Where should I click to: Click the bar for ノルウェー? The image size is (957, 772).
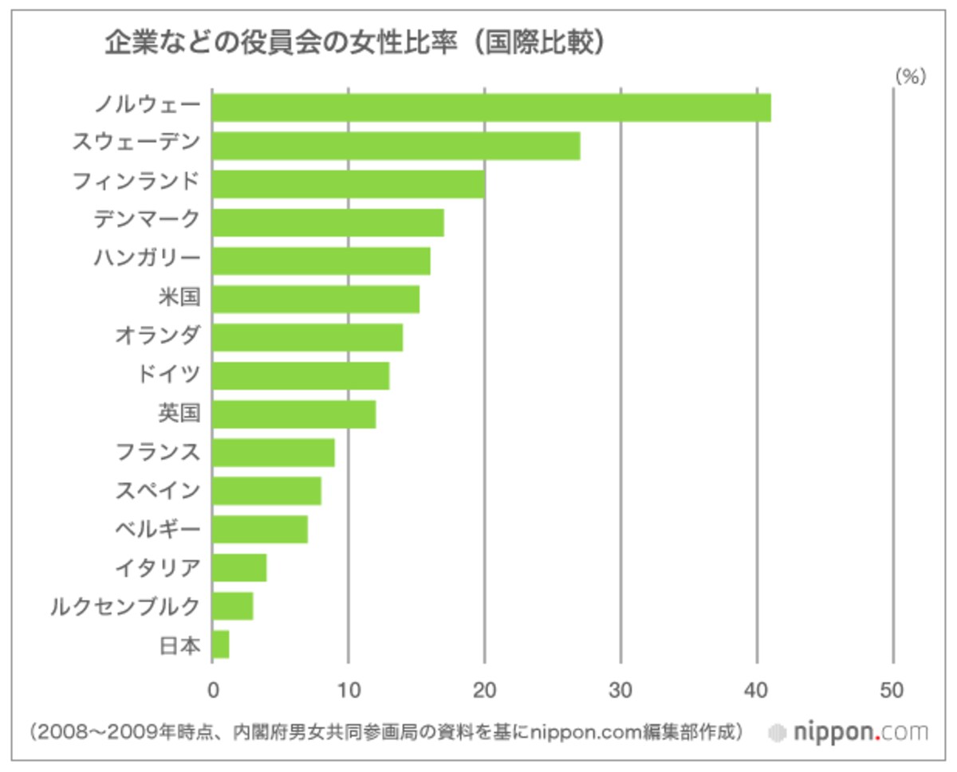point(491,108)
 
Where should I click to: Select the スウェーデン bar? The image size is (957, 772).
point(396,146)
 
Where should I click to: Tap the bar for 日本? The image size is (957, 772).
point(221,645)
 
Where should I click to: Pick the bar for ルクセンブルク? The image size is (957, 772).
point(233,606)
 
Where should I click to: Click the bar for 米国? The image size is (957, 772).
point(316,299)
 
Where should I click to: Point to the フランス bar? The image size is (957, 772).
point(274,453)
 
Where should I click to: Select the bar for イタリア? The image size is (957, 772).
point(239,568)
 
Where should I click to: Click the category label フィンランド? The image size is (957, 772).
point(136,182)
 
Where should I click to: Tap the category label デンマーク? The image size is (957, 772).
point(147,219)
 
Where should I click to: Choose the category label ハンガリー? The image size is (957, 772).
point(147,258)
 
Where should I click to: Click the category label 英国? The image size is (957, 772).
point(179,413)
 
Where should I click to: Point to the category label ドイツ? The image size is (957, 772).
point(168,374)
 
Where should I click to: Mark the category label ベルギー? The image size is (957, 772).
point(157,529)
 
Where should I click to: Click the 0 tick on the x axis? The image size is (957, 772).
point(214,691)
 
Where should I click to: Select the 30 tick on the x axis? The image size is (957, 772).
point(620,691)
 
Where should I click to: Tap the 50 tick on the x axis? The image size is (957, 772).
point(892,691)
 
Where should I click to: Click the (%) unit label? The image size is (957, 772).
point(910,76)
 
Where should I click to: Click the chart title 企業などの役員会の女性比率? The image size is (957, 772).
point(281,43)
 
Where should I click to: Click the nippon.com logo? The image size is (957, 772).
point(849,733)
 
